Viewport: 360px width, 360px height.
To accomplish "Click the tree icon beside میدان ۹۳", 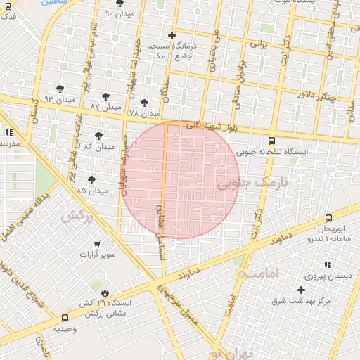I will point(60,88).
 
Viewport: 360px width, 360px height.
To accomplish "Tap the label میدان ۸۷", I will point(105,107).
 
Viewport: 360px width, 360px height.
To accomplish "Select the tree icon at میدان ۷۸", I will point(144,103).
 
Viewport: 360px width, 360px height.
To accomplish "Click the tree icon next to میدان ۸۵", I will point(91,180).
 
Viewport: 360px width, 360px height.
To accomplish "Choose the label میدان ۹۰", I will point(119,13).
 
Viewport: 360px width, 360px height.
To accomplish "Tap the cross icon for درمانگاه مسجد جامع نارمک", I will point(172,35).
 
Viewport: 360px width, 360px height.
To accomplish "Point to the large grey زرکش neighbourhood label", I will point(77,216).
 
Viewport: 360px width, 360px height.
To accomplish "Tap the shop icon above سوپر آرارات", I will point(97,243).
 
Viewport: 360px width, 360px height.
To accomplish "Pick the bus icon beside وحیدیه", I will point(65,318).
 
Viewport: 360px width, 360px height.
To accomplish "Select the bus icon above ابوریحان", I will point(329,219).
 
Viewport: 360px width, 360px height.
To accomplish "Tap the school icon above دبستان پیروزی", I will point(328,264).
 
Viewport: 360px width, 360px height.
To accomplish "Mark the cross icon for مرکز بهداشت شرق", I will point(302,290).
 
